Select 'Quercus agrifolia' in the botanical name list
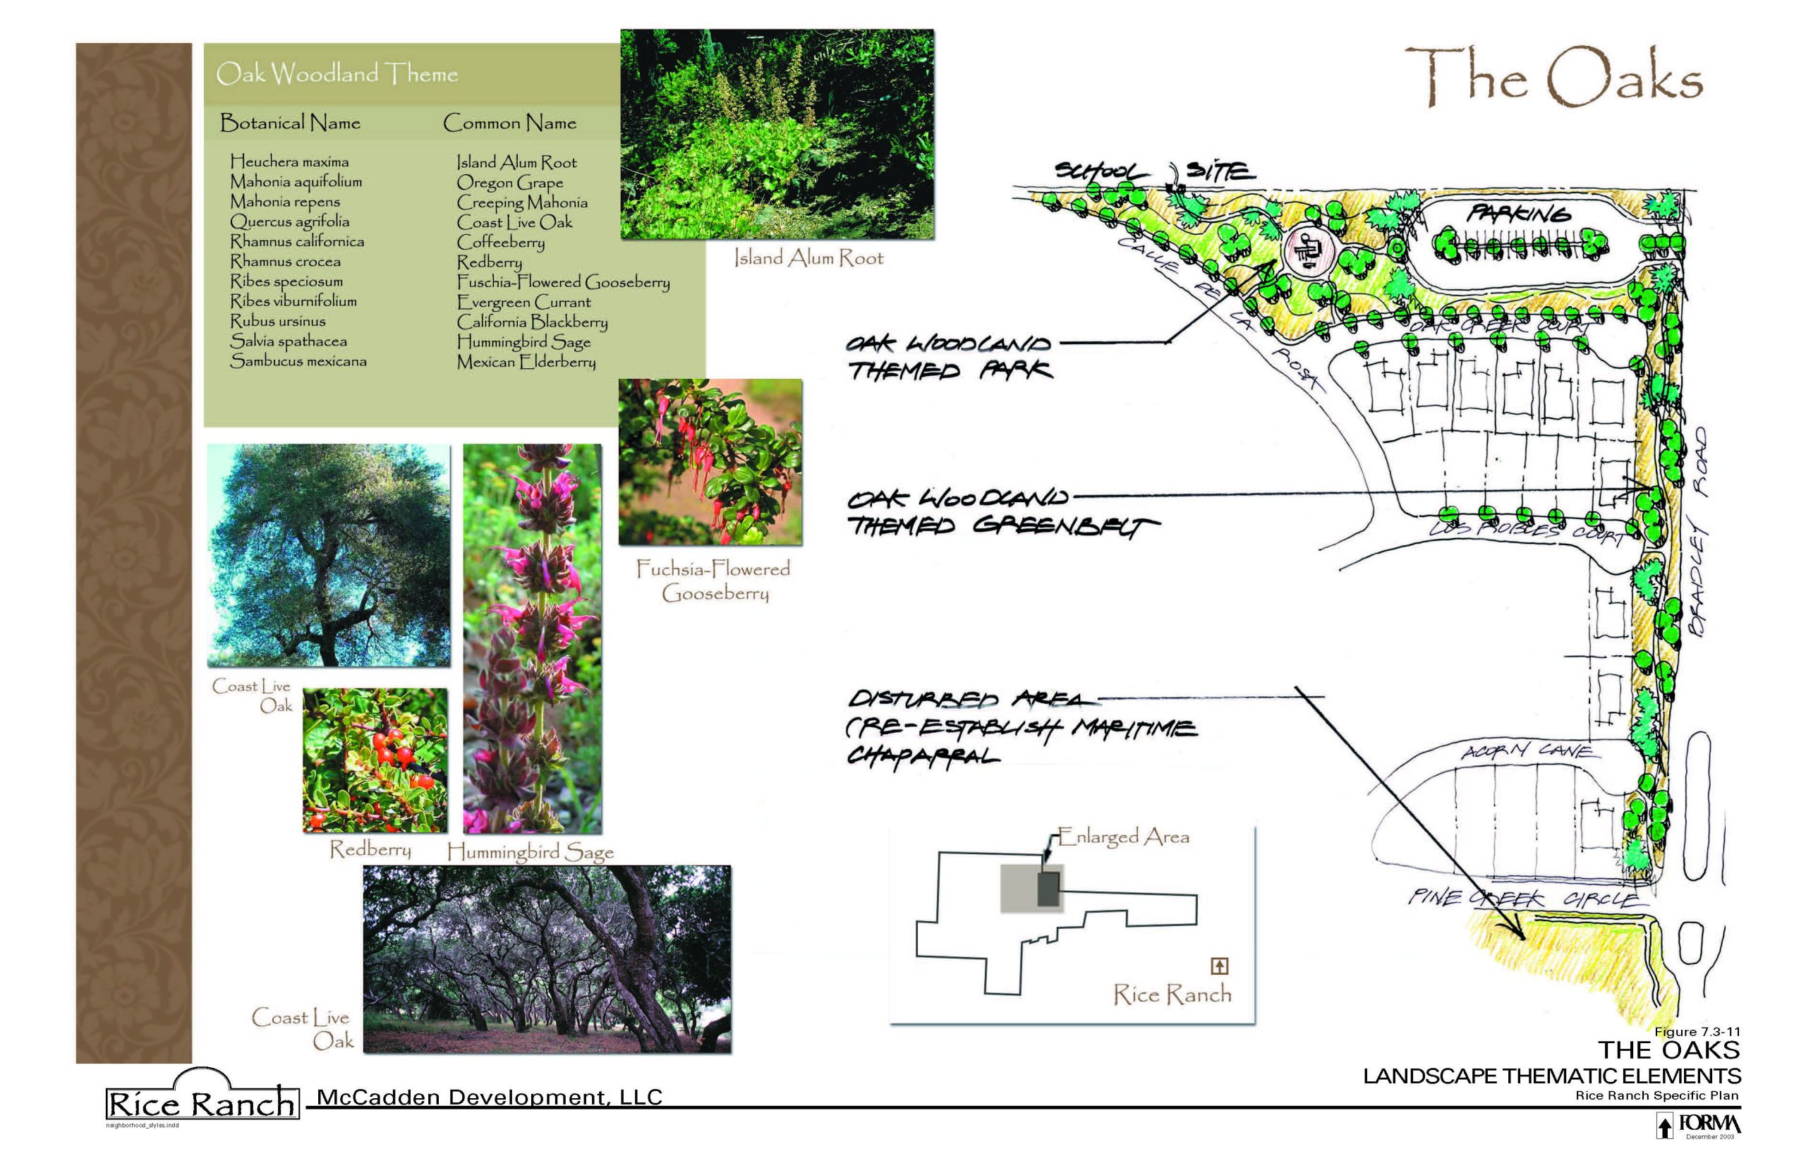pos(290,221)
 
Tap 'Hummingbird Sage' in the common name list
pos(523,342)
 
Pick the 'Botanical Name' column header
pos(290,123)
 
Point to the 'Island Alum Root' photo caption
pos(808,259)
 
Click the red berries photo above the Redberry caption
pos(375,759)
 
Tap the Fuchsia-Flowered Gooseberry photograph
pos(710,462)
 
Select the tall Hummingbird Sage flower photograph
pos(532,638)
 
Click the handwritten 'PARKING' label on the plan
pos(1517,214)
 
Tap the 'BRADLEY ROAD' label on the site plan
pos(1699,531)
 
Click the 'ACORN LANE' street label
pos(1526,751)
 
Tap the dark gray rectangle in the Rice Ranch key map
pos(1048,889)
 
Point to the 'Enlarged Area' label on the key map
pos(1122,837)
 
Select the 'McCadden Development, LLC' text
pos(489,1097)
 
